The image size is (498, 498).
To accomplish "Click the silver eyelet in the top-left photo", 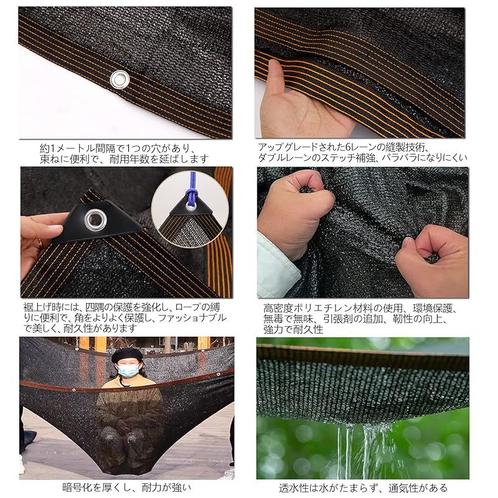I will (x=118, y=78).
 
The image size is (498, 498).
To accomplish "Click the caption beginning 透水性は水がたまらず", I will (x=363, y=488).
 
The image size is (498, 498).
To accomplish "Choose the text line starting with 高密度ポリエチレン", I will (x=361, y=308).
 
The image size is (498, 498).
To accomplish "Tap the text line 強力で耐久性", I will (x=293, y=329).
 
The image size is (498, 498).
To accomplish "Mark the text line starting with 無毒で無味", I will (x=360, y=318).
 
